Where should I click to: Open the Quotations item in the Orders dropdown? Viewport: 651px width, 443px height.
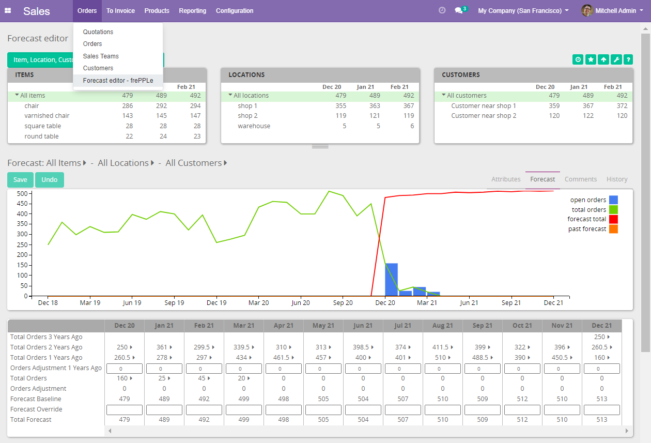(98, 32)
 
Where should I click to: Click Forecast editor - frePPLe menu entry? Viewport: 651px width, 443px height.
(118, 81)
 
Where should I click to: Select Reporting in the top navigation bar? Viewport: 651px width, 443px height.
(192, 11)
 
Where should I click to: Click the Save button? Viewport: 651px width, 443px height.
(20, 180)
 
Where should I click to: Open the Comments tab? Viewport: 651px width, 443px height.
(580, 179)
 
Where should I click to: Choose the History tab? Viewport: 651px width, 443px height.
(616, 179)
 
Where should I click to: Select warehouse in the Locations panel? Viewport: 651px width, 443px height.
(254, 126)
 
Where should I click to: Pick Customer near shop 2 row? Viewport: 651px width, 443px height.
(484, 116)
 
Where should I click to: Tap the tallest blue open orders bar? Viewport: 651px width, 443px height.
(391, 279)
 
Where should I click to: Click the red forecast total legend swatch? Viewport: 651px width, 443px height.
(613, 219)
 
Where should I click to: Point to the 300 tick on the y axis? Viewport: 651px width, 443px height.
(22, 234)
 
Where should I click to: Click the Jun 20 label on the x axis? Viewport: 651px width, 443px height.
(301, 303)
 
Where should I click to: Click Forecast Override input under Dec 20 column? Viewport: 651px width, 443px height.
(125, 409)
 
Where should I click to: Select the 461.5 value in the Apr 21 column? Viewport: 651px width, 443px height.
(282, 358)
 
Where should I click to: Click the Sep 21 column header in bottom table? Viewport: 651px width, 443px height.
(482, 326)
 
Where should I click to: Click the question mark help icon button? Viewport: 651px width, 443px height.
(628, 60)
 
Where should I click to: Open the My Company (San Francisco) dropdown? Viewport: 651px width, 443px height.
(523, 11)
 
